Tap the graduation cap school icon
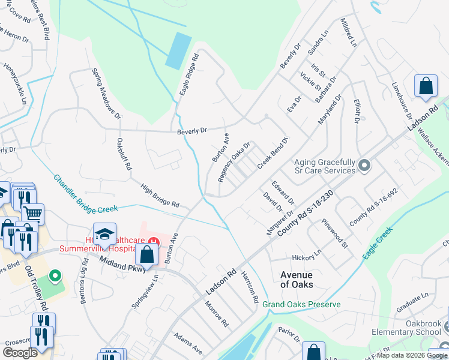click(104, 233)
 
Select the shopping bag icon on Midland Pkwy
click(147, 254)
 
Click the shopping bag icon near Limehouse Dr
click(426, 86)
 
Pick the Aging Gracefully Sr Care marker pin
click(363, 164)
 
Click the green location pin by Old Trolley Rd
click(55, 277)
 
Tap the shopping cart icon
click(32, 212)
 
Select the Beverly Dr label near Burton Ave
click(191, 130)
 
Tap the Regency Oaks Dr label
click(234, 162)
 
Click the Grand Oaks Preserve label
click(301, 304)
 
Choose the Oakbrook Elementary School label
click(414, 327)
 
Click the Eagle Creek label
click(377, 243)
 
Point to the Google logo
click(20, 353)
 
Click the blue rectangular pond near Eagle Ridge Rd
click(178, 50)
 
